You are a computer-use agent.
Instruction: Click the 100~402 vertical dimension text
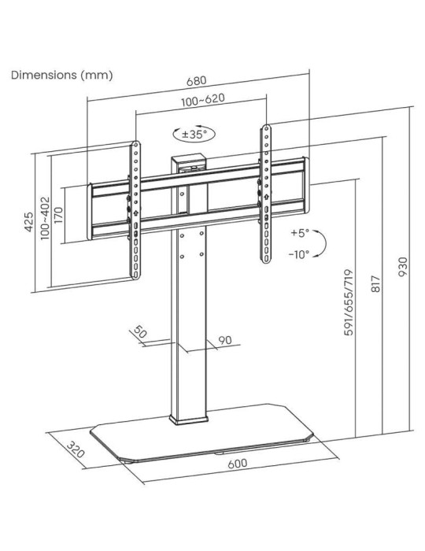coord(45,217)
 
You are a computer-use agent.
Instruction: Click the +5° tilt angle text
coord(300,234)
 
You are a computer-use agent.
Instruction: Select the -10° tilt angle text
coord(299,254)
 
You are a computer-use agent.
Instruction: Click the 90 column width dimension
coord(224,340)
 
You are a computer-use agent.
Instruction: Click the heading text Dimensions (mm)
coord(61,76)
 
